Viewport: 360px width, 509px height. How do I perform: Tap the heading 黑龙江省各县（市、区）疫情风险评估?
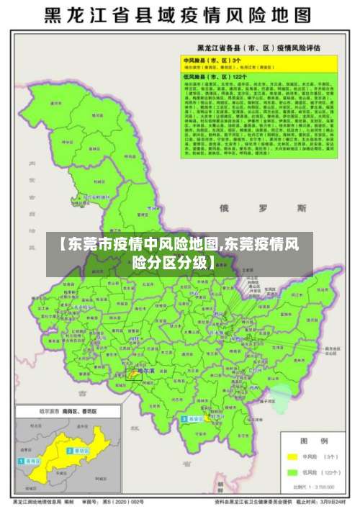[x=259, y=48]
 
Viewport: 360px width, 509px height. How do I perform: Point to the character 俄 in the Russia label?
[x=224, y=208]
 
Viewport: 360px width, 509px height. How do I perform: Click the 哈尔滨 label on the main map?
[x=147, y=370]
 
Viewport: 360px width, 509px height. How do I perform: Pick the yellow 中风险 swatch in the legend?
[x=293, y=457]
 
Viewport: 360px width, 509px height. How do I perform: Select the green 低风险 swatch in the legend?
[x=293, y=473]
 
